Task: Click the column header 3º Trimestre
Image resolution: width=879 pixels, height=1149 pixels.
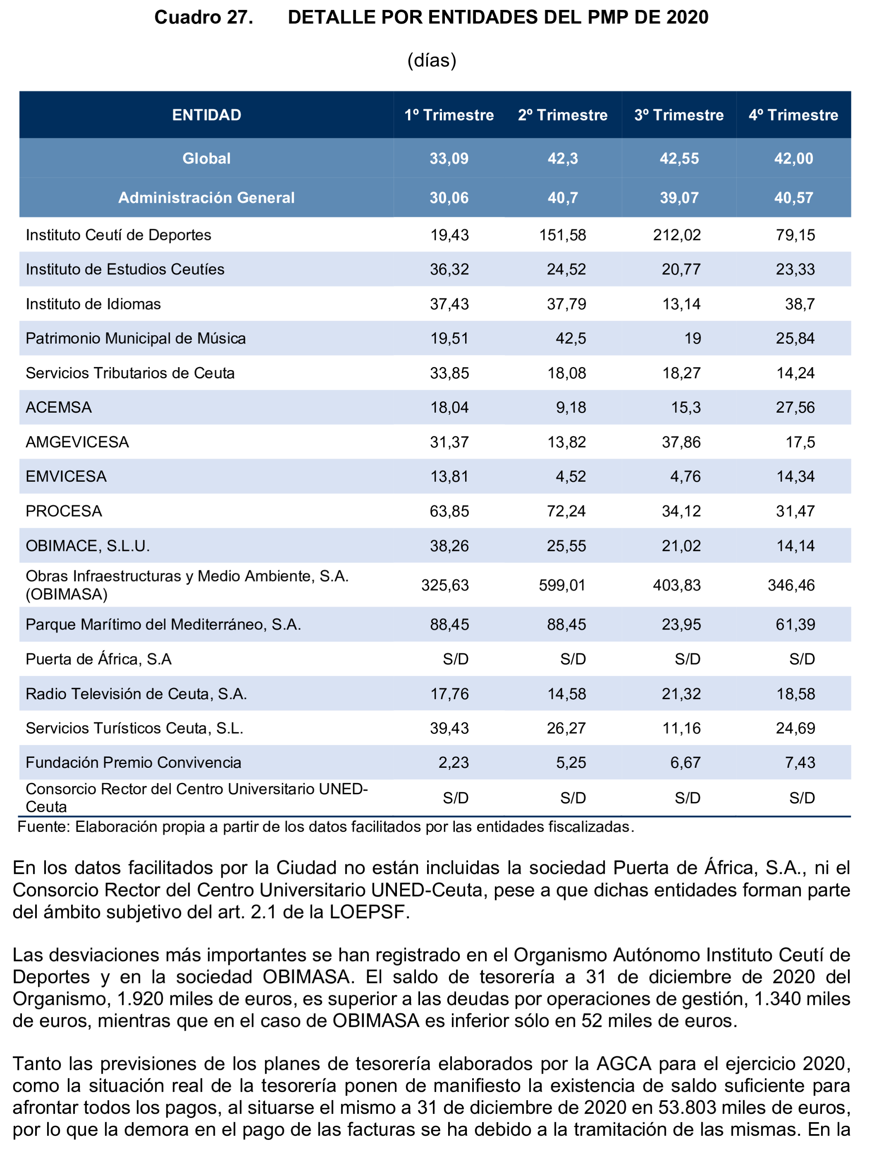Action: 679,115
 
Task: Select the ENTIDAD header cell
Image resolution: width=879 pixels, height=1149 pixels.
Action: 207,115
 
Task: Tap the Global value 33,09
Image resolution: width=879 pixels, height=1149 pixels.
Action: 449,159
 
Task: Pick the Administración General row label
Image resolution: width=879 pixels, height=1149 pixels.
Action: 207,198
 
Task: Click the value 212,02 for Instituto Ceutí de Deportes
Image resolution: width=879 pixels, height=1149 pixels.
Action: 677,235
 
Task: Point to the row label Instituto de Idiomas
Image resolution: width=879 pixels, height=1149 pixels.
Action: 93,304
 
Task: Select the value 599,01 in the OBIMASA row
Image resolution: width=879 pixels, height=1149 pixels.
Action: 562,585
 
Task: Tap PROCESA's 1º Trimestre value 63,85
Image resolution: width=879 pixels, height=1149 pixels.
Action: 449,511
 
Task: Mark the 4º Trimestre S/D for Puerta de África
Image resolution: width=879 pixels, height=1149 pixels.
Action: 802,659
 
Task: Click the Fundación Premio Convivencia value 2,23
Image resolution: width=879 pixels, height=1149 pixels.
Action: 453,762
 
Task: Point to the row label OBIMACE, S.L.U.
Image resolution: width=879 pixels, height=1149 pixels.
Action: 88,546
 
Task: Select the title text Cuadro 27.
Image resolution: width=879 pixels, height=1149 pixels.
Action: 204,17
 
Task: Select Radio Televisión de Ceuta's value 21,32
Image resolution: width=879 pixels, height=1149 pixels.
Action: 681,694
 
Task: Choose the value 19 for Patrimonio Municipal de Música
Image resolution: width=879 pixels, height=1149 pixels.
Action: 692,339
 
